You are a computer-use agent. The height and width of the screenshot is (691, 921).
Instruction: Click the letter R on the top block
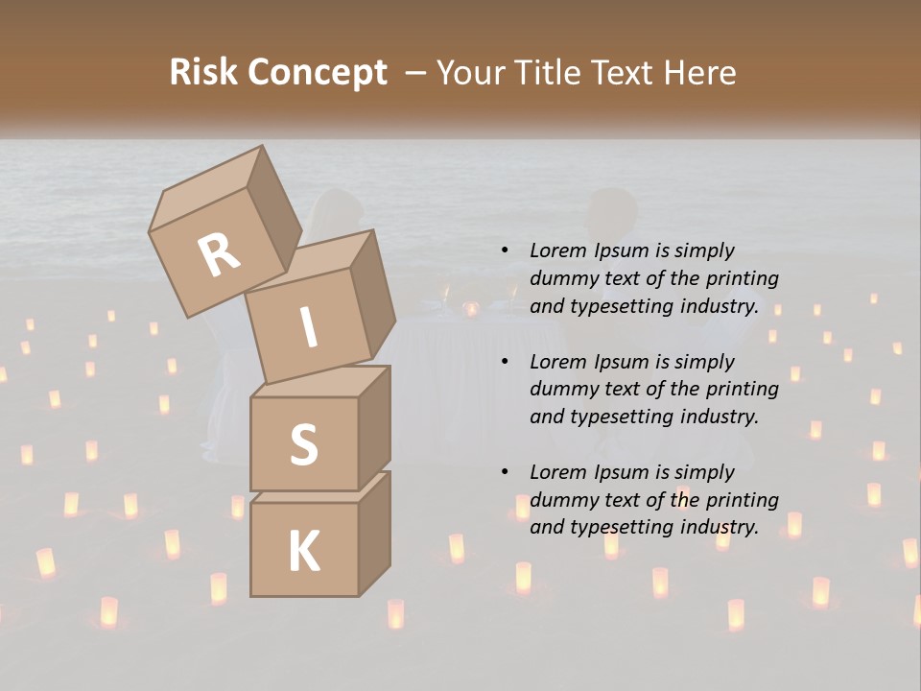point(220,255)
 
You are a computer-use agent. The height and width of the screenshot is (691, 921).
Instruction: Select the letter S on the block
point(303,444)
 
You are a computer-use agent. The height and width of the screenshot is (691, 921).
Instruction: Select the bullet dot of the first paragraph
point(505,251)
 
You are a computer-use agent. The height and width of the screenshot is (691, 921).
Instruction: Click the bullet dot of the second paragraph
point(505,363)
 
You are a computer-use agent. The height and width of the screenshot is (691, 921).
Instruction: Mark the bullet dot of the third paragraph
point(505,473)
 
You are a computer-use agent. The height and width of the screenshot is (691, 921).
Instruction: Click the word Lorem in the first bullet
point(556,251)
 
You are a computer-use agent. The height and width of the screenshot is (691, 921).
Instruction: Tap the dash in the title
point(415,73)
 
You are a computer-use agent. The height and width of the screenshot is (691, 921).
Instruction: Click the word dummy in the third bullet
point(561,500)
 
